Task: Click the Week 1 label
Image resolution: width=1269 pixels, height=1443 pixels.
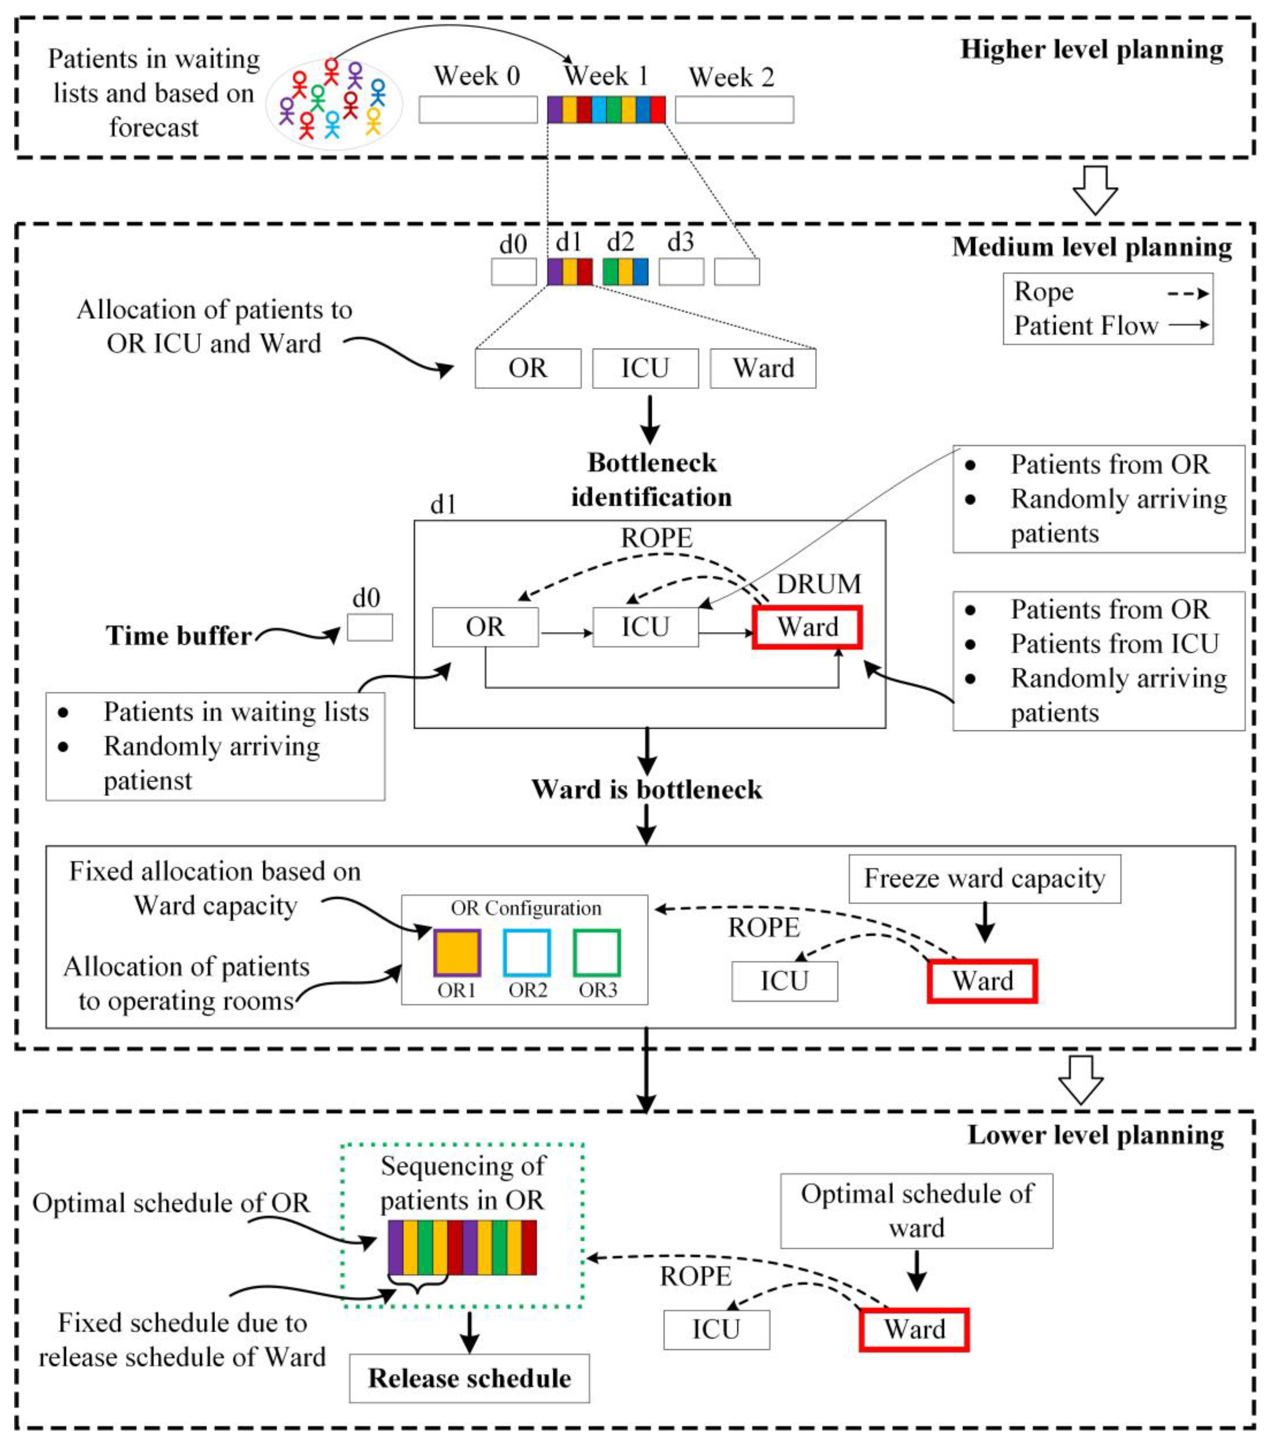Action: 606,75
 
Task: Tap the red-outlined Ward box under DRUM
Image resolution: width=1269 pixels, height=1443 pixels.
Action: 807,627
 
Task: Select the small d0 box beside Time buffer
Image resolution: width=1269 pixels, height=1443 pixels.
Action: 369,627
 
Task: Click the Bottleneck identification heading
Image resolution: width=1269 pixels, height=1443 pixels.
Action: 651,480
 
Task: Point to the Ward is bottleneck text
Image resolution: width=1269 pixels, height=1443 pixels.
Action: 647,789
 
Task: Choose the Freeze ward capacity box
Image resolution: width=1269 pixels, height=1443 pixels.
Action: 984,879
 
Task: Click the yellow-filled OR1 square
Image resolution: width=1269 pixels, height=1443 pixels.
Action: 457,953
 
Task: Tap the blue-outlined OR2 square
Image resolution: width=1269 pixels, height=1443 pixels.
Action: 527,953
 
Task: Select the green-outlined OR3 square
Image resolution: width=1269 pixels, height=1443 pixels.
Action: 597,953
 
